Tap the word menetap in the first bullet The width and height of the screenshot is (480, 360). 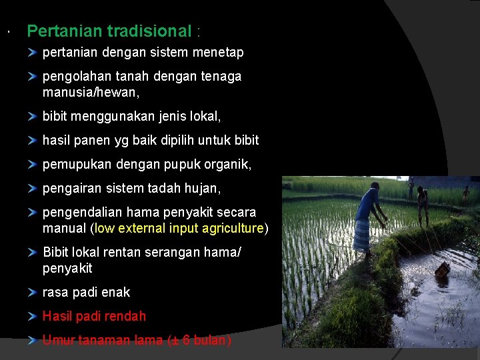coord(218,52)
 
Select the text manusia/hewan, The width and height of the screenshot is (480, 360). coord(91,92)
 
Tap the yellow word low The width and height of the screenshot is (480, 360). coord(105,228)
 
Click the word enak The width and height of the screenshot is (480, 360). coord(117,292)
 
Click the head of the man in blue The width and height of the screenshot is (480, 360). coord(375,186)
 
